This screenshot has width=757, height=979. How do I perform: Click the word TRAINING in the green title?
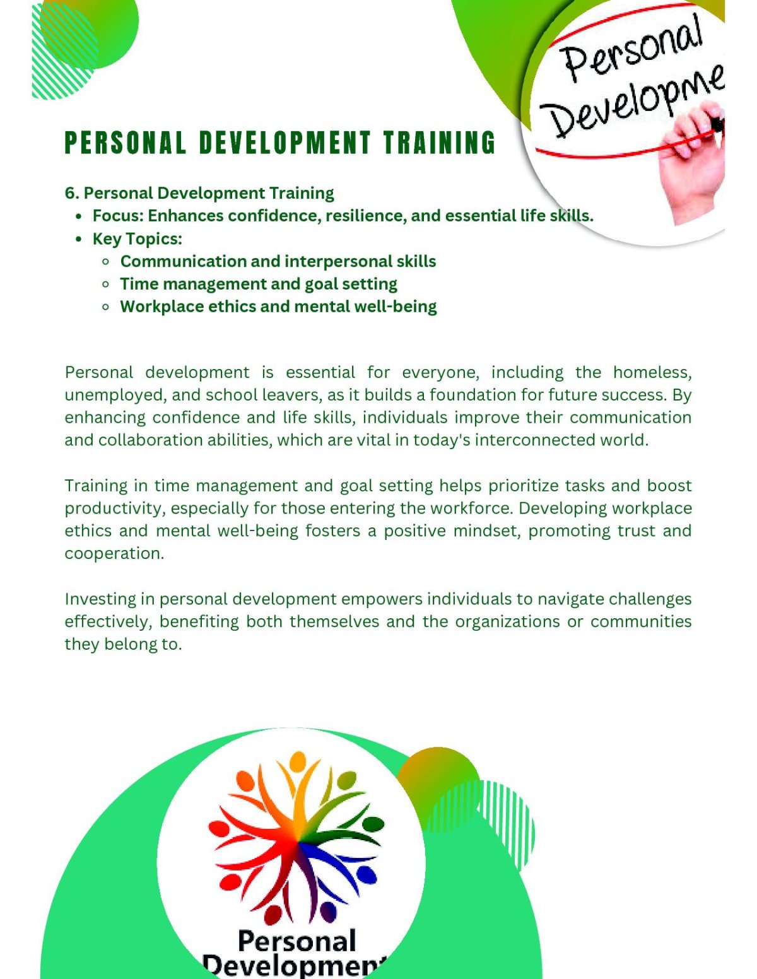point(439,143)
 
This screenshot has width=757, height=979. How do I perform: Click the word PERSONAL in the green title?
point(125,143)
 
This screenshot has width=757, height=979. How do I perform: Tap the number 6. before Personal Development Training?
point(72,193)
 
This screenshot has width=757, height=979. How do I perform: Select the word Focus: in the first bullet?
point(118,216)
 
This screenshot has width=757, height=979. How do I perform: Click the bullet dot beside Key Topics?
point(79,239)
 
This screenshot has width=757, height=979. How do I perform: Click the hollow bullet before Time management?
point(106,284)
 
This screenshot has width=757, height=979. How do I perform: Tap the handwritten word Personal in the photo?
point(630,47)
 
